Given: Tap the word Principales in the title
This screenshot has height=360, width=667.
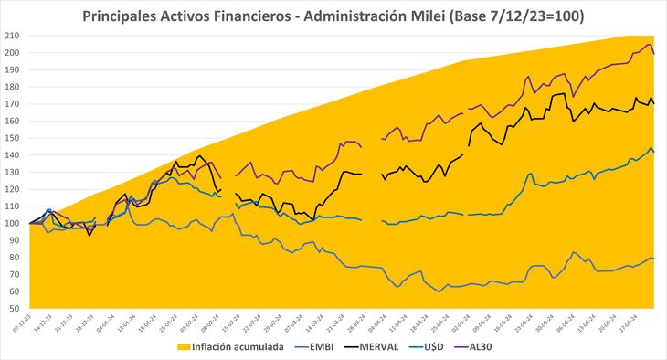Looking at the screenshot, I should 125,16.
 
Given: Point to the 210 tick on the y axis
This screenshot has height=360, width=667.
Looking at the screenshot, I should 15,36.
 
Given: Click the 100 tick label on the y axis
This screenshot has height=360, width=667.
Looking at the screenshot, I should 15,223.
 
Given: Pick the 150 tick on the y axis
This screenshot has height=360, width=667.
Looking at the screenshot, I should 15,138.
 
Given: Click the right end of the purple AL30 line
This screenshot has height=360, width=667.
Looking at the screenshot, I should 652,53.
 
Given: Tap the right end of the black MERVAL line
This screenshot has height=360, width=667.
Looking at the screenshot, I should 652,103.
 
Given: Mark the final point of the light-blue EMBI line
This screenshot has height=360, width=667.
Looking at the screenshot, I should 652,259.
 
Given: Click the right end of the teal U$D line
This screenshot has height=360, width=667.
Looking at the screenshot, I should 652,152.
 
